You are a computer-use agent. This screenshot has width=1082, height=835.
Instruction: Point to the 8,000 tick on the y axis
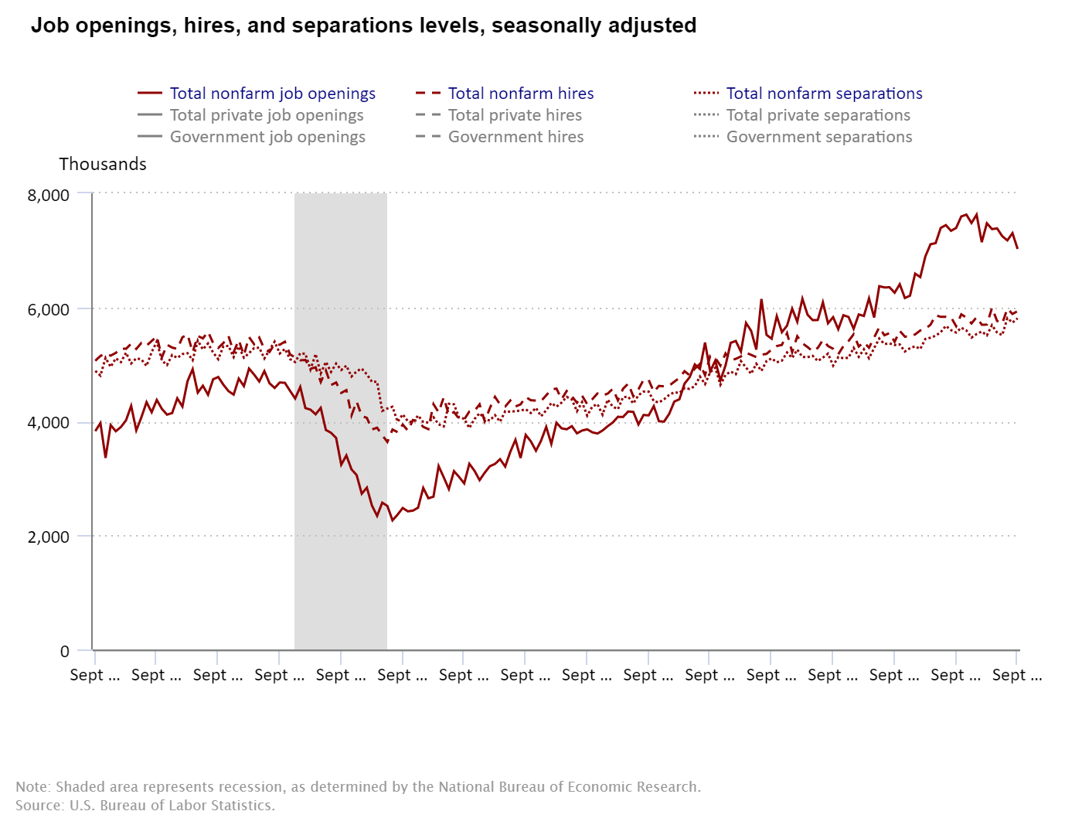[48, 196]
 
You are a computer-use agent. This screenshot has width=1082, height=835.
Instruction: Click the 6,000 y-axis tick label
[48, 309]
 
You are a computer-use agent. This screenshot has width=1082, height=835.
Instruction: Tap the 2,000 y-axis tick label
[48, 537]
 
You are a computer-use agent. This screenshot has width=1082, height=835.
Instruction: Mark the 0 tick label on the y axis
[65, 651]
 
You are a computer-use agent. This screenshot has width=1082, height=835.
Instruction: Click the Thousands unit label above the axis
[102, 164]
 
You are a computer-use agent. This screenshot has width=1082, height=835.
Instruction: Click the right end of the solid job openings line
[1017, 247]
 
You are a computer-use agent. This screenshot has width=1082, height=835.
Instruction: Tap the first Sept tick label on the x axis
[94, 675]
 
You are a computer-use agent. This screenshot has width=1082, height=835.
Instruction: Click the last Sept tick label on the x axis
[1016, 675]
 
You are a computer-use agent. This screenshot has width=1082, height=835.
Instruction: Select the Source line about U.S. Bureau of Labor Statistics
[145, 806]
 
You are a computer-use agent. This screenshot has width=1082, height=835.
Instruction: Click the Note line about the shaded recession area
[358, 787]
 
